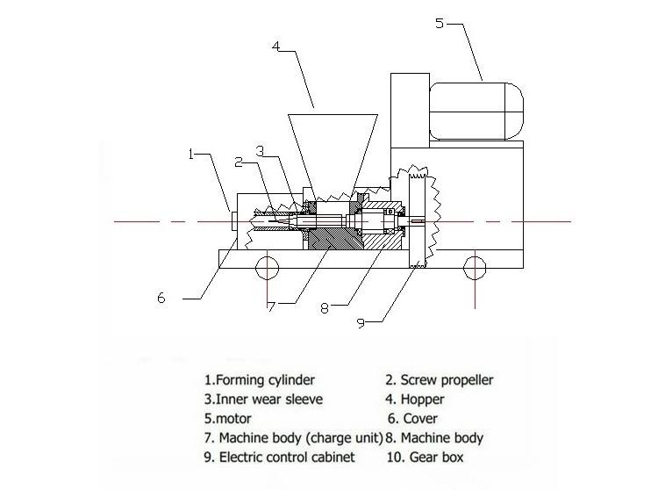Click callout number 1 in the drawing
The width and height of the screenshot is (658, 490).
(x=191, y=155)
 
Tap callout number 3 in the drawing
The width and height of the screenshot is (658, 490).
(x=260, y=150)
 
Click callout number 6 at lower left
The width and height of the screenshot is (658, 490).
(x=161, y=298)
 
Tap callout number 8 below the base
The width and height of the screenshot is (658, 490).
(x=326, y=307)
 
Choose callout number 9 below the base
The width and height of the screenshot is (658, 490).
(x=359, y=322)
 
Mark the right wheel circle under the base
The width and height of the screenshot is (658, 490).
(x=474, y=264)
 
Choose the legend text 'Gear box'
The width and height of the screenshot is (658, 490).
(x=435, y=457)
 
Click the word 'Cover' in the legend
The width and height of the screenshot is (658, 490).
(x=421, y=419)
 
